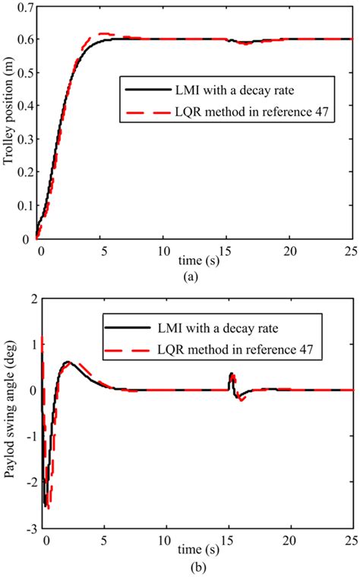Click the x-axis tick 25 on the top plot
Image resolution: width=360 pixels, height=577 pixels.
coord(351,251)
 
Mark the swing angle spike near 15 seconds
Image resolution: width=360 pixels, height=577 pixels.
coord(232,375)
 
